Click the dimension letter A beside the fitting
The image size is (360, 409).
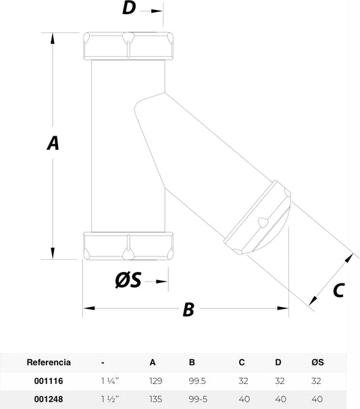coord(53,143)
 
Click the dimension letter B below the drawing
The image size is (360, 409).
coord(188,309)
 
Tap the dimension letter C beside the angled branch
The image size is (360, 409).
coord(339,290)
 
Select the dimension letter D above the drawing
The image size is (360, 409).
coord(129,7)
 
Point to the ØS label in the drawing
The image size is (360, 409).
coord(128,279)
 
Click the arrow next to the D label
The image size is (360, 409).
coord(151,11)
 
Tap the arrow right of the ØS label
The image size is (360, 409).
coord(157,281)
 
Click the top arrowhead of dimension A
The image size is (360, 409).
coord(53,38)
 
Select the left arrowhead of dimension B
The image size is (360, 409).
coord(89,308)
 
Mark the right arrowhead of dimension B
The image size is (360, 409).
coord(283,308)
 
